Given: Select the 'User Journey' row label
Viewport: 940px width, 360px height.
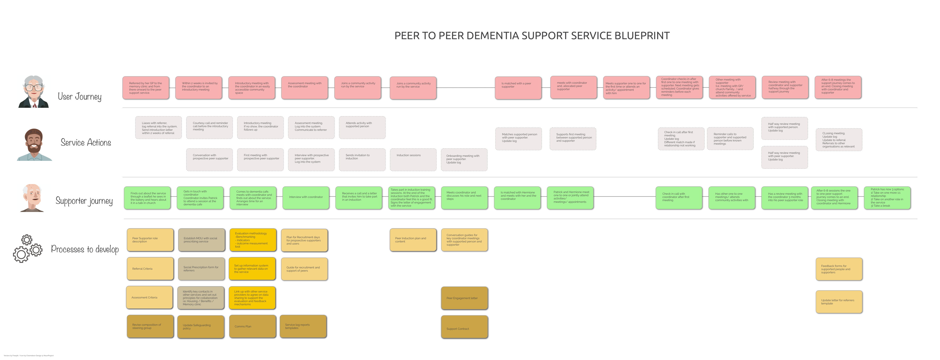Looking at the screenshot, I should click(x=80, y=97).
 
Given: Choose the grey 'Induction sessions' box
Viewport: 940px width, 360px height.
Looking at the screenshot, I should click(x=413, y=159).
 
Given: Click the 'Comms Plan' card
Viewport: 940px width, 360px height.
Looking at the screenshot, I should click(x=252, y=326).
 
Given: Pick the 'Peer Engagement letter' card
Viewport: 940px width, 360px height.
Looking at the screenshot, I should click(x=464, y=298).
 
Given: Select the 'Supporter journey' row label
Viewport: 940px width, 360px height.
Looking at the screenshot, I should click(x=84, y=201).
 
